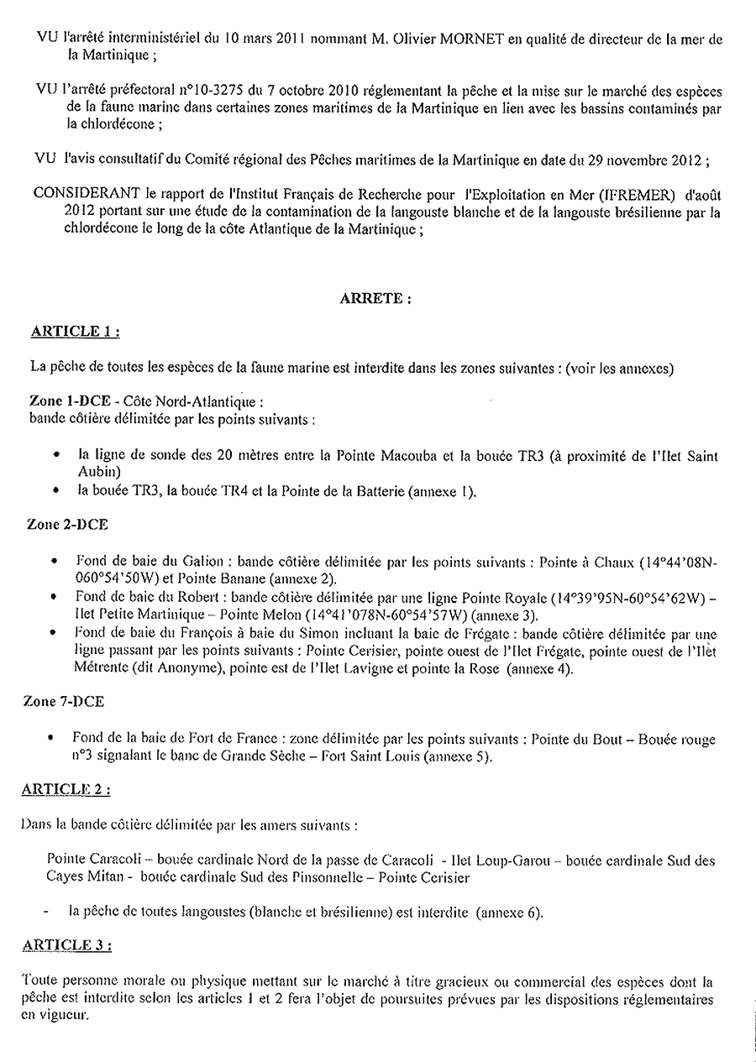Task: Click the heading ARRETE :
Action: pos(375,298)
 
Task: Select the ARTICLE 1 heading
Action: pos(74,331)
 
